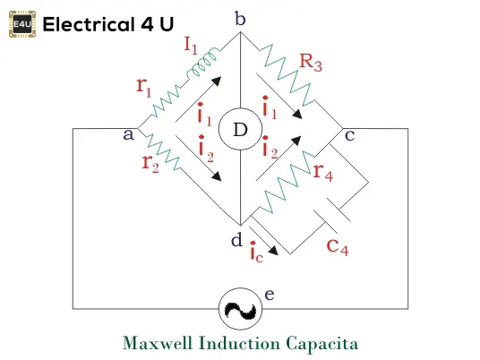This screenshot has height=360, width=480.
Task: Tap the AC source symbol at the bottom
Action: (x=240, y=309)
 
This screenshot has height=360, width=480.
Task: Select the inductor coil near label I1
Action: (x=203, y=63)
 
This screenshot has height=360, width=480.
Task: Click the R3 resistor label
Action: (x=311, y=63)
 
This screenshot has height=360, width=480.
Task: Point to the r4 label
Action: (x=323, y=172)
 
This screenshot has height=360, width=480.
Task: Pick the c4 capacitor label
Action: (x=338, y=246)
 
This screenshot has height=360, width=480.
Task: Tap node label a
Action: (x=129, y=134)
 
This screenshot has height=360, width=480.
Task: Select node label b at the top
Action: (x=240, y=19)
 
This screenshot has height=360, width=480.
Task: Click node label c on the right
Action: (x=349, y=135)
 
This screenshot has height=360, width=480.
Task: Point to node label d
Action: (x=236, y=239)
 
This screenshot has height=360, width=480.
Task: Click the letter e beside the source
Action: (x=270, y=295)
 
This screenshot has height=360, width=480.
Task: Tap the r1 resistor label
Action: (x=144, y=87)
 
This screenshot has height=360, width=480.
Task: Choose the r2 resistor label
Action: (x=150, y=164)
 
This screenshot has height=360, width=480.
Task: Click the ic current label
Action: (x=256, y=252)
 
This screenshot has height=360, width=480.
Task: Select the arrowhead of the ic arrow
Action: (x=273, y=250)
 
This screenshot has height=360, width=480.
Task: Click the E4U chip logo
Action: (x=22, y=24)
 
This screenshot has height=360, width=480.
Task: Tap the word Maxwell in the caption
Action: (x=158, y=343)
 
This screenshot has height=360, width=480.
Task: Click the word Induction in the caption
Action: (x=239, y=343)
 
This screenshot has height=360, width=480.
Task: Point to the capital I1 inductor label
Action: (x=191, y=45)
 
